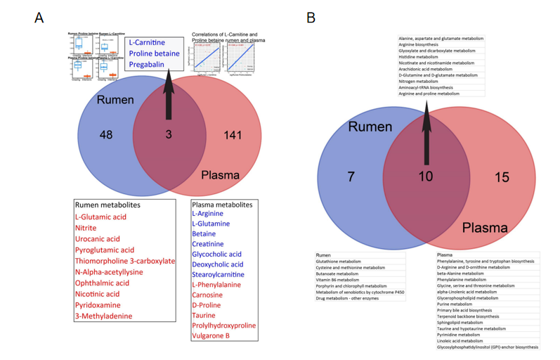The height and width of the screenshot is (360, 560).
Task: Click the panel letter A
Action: (x=39, y=18)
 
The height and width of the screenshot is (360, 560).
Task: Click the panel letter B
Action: (x=311, y=18)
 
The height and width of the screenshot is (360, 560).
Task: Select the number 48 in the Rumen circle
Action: (x=105, y=134)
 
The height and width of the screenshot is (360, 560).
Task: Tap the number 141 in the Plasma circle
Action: (x=233, y=134)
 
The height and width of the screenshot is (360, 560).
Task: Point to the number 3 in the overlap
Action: (x=169, y=134)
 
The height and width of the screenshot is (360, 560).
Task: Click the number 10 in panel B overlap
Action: (x=426, y=176)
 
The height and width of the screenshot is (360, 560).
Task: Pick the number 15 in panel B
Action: (x=501, y=177)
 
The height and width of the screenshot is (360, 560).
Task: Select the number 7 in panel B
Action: (x=351, y=176)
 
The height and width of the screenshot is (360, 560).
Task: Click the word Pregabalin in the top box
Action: (x=146, y=64)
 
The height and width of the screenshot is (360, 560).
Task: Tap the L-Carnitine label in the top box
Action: (x=147, y=43)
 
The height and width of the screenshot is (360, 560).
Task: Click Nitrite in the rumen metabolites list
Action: (x=86, y=228)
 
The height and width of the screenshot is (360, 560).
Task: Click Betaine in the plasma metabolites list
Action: (x=204, y=233)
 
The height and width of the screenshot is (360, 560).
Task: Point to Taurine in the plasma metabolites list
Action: (x=205, y=315)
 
